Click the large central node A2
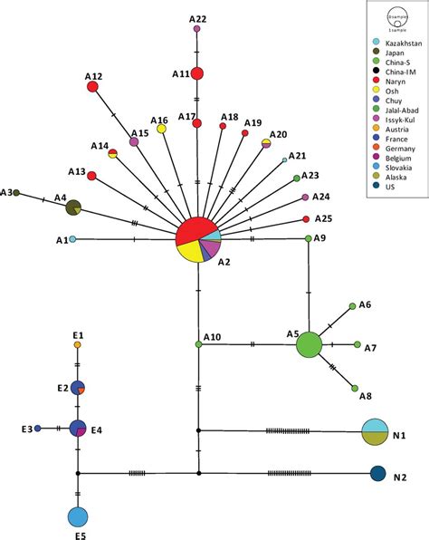click(197, 239)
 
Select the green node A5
click(310, 344)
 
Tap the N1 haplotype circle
click(376, 432)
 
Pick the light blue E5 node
click(78, 516)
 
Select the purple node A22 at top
click(196, 29)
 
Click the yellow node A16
click(161, 130)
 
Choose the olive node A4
click(74, 207)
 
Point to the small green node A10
click(197, 344)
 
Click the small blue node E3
click(37, 428)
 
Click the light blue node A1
click(72, 239)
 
